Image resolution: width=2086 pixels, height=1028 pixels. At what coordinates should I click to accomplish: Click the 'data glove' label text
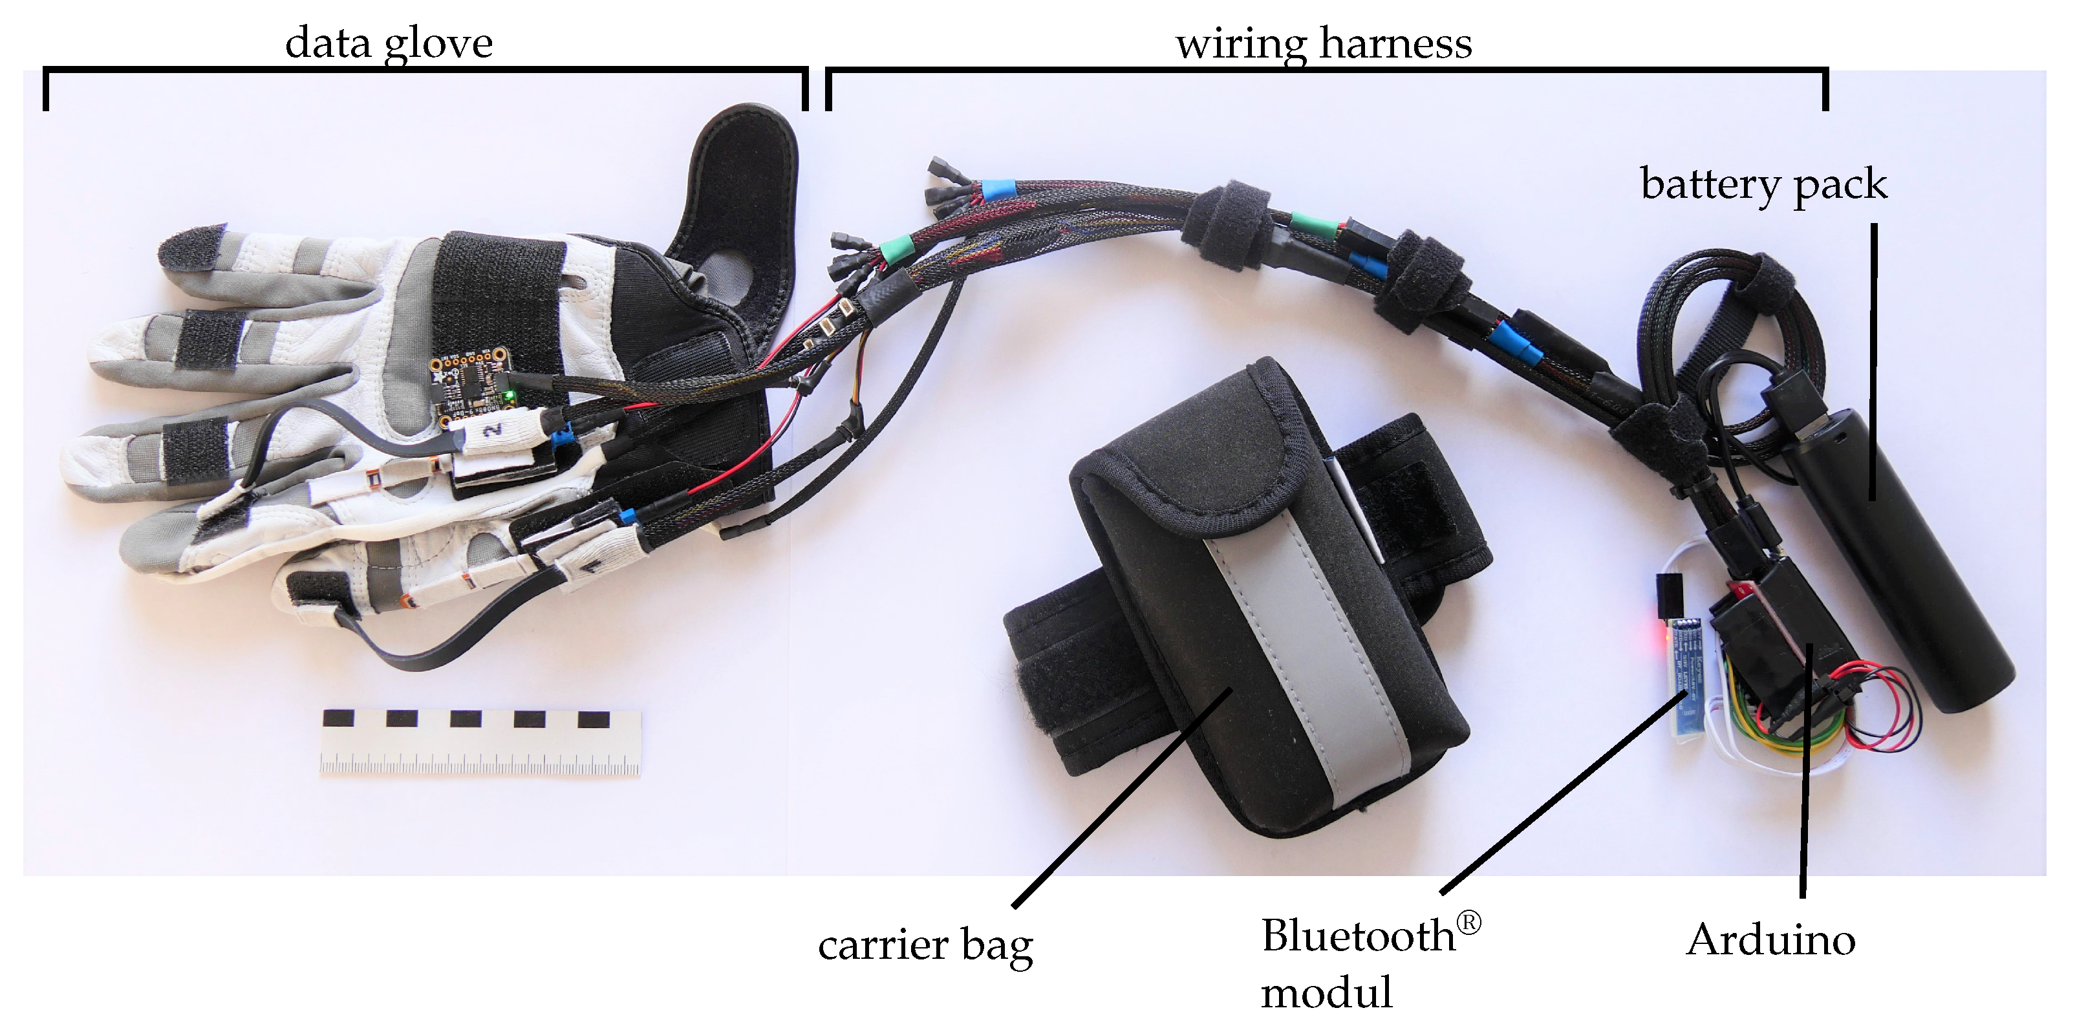coord(389,43)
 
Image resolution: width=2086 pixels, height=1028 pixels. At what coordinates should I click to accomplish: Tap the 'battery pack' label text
coord(1764,184)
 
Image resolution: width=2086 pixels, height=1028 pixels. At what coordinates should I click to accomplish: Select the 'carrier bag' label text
coord(925,945)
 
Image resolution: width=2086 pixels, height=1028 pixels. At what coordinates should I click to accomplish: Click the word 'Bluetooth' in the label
coord(1358,937)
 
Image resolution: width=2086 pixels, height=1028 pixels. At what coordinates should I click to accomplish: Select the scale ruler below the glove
coord(481,742)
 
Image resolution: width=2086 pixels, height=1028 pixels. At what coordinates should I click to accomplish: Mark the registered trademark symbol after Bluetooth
coord(1468,923)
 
